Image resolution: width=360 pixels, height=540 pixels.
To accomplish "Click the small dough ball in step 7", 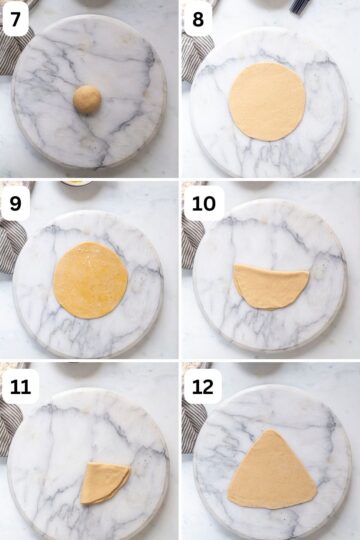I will (87, 99).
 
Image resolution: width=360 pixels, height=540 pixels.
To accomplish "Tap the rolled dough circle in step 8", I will (267, 100).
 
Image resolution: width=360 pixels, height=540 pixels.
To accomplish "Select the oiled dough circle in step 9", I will (90, 280).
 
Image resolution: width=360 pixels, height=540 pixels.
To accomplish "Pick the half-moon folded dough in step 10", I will (271, 286).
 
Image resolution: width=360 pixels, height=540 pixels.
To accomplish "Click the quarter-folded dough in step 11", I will (104, 482).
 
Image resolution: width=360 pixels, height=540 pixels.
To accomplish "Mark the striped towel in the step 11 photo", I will (9, 425).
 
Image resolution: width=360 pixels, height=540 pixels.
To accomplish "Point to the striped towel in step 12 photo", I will (193, 425).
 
